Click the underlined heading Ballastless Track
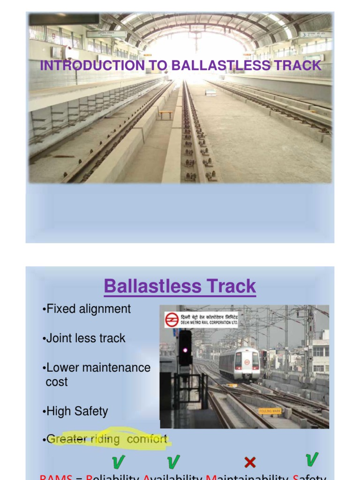click(180, 286)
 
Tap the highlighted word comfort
click(147, 439)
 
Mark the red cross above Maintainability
click(250, 463)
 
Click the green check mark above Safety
click(311, 460)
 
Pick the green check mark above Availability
click(173, 462)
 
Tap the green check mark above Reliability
click(118, 462)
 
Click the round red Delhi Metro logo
click(172, 320)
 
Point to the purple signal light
click(185, 350)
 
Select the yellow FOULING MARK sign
click(270, 411)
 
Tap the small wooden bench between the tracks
click(165, 114)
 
